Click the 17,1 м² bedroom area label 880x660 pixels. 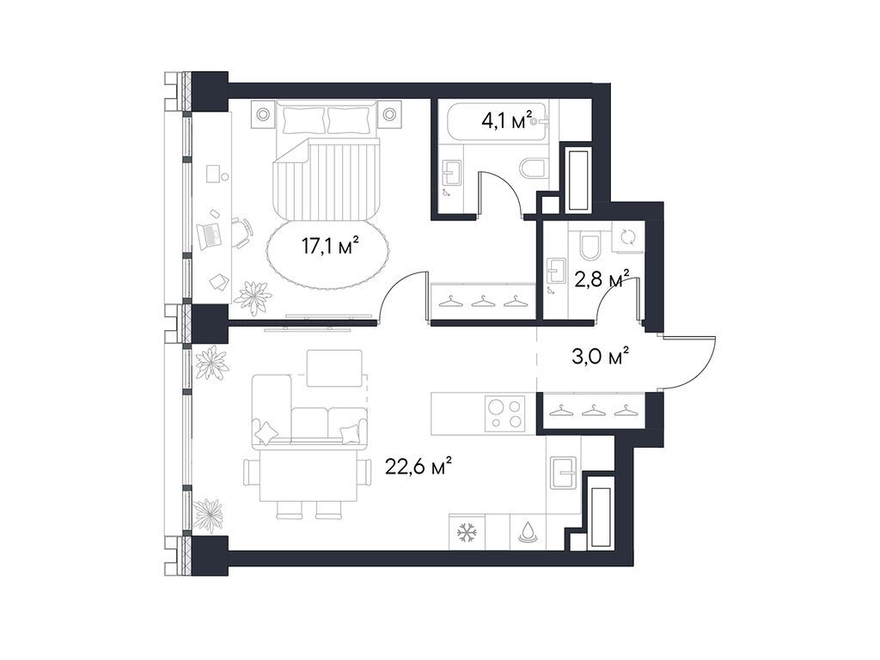[329, 247]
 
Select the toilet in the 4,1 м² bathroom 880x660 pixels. [533, 168]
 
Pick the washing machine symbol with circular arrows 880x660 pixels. [626, 238]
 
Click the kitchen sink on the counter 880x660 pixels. [564, 472]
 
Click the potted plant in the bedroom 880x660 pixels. [253, 296]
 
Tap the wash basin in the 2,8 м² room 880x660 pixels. [554, 272]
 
